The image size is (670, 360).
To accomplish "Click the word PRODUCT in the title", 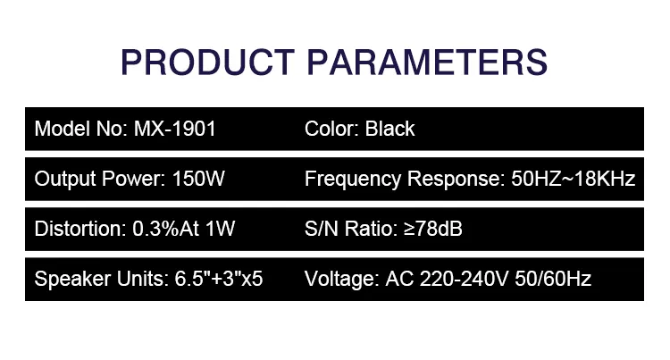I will pyautogui.click(x=203, y=63).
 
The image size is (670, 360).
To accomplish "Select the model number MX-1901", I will pyautogui.click(x=175, y=129).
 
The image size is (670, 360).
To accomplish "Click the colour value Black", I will pyautogui.click(x=390, y=129).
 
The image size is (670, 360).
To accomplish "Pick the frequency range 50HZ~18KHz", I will pyautogui.click(x=573, y=179).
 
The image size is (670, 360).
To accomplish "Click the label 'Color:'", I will pyautogui.click(x=332, y=129).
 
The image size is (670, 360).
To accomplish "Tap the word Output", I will pyautogui.click(x=62, y=179).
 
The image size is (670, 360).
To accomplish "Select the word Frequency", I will pyautogui.click(x=353, y=179).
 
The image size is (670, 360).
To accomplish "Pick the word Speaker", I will pyautogui.click(x=68, y=279).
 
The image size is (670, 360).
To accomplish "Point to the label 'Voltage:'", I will pyautogui.click(x=341, y=279).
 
